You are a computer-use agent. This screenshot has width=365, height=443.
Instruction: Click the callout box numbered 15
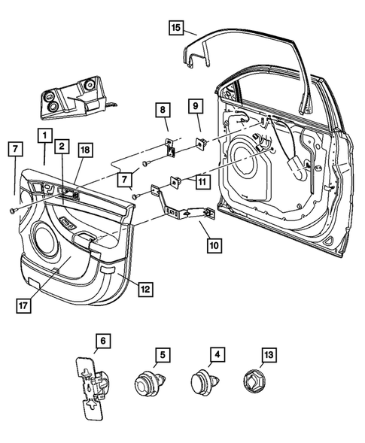click(x=175, y=29)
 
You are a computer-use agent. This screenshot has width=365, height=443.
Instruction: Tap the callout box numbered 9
click(x=193, y=105)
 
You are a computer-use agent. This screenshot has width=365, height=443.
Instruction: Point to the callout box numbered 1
click(x=46, y=136)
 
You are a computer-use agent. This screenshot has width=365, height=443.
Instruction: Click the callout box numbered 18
click(x=84, y=150)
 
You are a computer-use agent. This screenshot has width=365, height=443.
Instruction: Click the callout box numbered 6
click(x=103, y=341)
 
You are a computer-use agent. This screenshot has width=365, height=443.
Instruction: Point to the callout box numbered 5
click(x=160, y=354)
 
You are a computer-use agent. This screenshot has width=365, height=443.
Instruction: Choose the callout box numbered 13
click(x=269, y=354)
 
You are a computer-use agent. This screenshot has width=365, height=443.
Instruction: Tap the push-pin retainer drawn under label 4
click(x=204, y=384)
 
